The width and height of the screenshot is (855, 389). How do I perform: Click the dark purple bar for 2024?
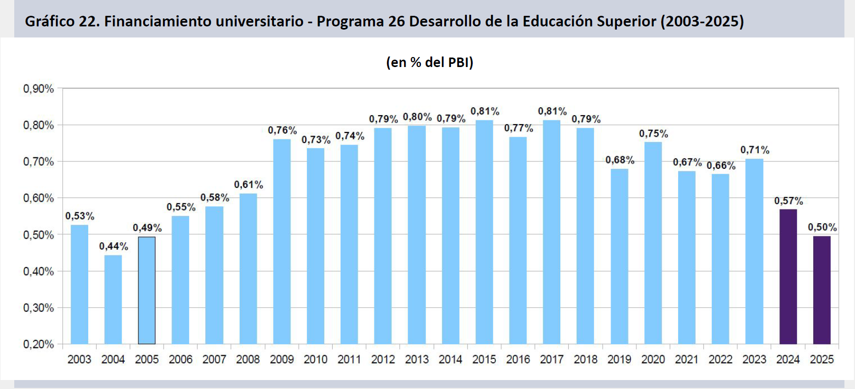pos(788,277)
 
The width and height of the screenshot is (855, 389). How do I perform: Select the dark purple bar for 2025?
pos(822,290)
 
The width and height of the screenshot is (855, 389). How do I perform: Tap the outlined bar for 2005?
pos(147,290)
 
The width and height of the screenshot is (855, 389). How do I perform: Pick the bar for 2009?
pos(282,241)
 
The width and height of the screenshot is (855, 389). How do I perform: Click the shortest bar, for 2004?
pos(113,299)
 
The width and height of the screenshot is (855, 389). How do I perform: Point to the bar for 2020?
pos(653,243)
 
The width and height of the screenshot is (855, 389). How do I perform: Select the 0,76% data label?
pos(282,130)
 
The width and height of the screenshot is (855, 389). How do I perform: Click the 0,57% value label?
pos(788,201)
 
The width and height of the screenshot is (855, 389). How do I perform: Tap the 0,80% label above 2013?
pos(417,117)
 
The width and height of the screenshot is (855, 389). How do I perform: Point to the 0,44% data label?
pos(114,246)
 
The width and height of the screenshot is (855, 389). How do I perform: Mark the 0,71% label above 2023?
pos(755,150)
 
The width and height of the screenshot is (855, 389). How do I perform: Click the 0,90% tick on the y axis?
pos(39,89)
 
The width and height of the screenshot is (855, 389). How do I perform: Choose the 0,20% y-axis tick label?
pos(39,344)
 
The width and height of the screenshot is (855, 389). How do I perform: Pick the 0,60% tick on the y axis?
pos(39,198)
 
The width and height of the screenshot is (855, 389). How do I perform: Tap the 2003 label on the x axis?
pos(79,359)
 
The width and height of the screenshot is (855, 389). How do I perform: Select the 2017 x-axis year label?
pos(552,359)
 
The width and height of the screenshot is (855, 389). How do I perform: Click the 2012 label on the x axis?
pos(383,359)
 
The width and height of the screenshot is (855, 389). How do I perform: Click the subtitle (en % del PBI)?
pos(429,62)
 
